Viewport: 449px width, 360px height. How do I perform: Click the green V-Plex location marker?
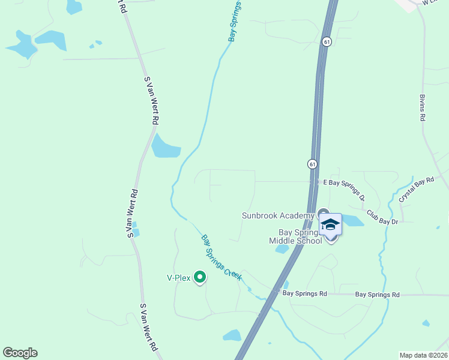(200, 277)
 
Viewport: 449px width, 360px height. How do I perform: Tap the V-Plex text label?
(178, 278)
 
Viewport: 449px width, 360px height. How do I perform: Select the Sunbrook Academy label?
(278, 215)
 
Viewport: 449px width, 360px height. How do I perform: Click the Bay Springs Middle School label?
(295, 236)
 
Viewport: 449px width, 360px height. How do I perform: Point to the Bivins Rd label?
(423, 107)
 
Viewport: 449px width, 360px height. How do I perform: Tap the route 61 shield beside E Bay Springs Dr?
(313, 164)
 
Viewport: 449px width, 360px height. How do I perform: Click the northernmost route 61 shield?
(326, 42)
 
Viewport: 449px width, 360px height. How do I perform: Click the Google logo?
(20, 353)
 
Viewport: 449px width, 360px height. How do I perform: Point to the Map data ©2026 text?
(423, 355)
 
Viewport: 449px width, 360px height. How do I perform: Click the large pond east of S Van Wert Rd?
(165, 146)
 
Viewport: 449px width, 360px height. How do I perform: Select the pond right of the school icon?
(354, 220)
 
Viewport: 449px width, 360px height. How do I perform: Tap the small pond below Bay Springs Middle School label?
(282, 249)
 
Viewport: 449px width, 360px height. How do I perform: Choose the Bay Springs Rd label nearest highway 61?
(304, 294)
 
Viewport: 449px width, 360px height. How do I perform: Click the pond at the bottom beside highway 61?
(232, 335)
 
